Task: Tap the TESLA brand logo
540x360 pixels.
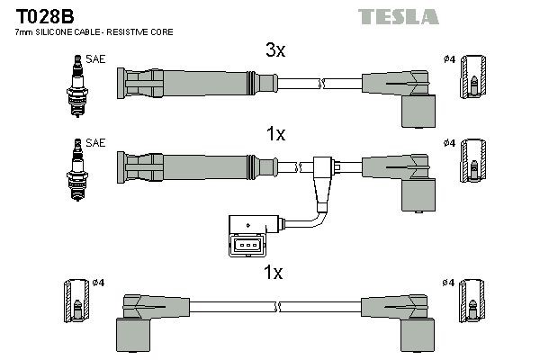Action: pos(398,16)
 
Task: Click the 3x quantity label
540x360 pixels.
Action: pos(275,52)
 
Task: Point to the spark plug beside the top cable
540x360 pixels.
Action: pos(76,82)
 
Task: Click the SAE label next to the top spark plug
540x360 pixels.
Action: pos(94,60)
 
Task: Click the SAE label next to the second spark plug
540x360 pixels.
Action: pos(94,143)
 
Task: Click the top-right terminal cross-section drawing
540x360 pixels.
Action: pos(474,82)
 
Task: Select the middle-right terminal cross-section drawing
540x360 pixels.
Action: pos(474,166)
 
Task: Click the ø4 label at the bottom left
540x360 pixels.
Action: pos(99,283)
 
